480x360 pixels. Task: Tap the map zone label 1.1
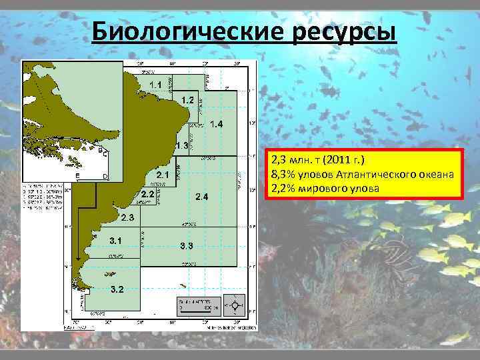[155, 84]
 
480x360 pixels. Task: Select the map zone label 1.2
[187, 99]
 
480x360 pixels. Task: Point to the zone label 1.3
[181, 145]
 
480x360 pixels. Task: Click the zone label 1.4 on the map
[216, 125]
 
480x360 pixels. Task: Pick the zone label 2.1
[163, 175]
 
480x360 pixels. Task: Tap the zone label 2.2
[147, 194]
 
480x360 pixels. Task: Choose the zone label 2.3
[127, 217]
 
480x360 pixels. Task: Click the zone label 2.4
[202, 197]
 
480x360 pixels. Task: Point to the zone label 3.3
[187, 246]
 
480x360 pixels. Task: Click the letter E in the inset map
[77, 176]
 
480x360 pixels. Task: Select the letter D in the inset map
[105, 176]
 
